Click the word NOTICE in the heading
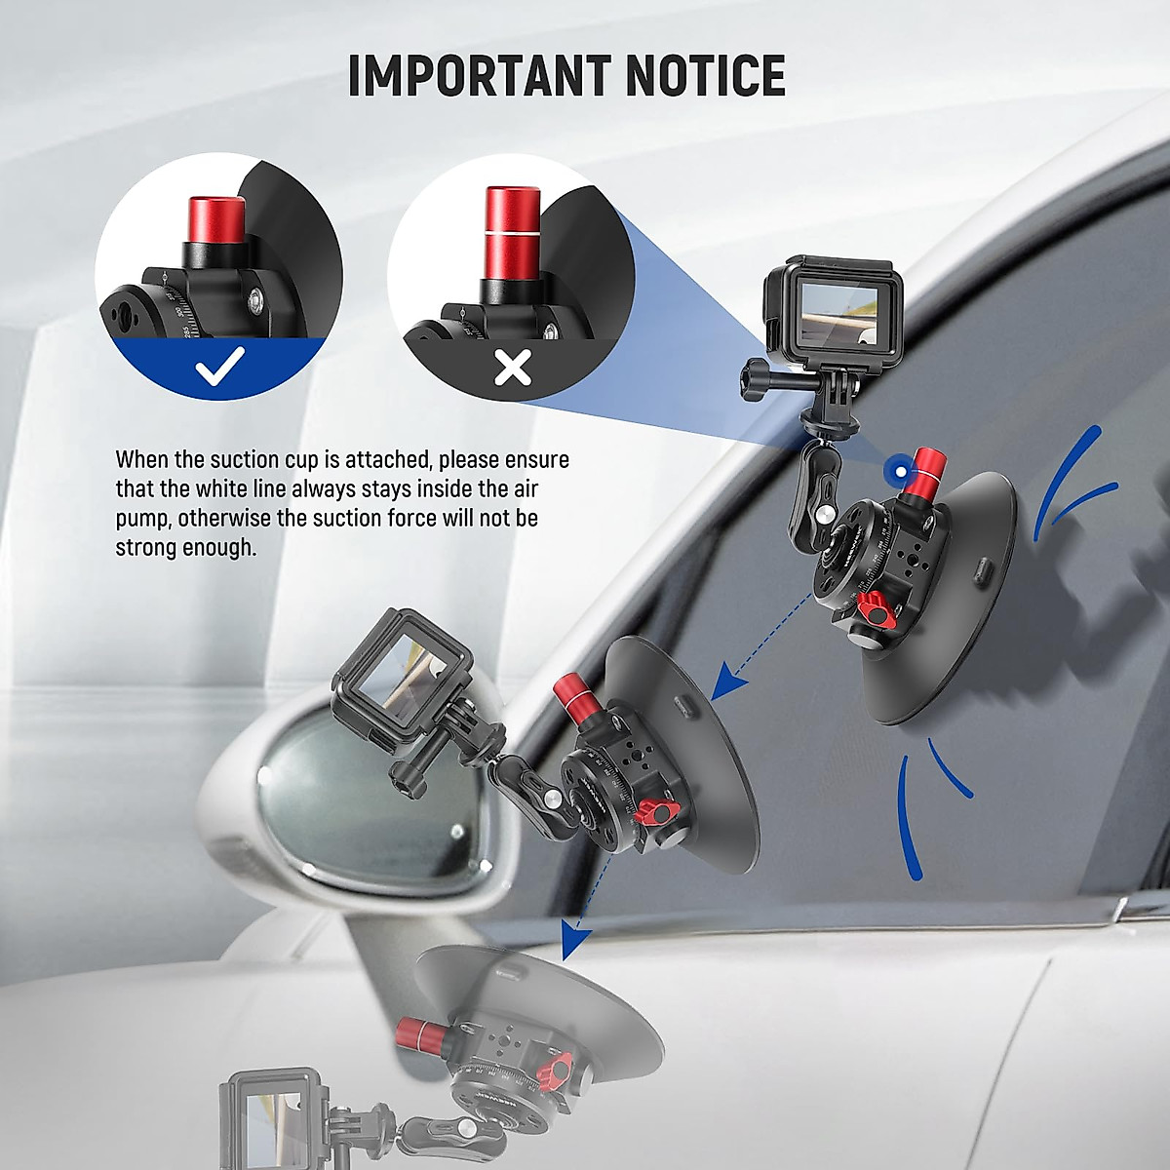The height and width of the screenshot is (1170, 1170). (705, 75)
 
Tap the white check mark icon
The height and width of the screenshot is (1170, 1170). (219, 368)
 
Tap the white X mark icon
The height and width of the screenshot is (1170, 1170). (513, 368)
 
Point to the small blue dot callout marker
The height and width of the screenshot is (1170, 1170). (892, 472)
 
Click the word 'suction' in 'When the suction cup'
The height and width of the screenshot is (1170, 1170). (245, 459)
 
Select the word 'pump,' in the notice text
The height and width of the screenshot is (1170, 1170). (143, 518)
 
